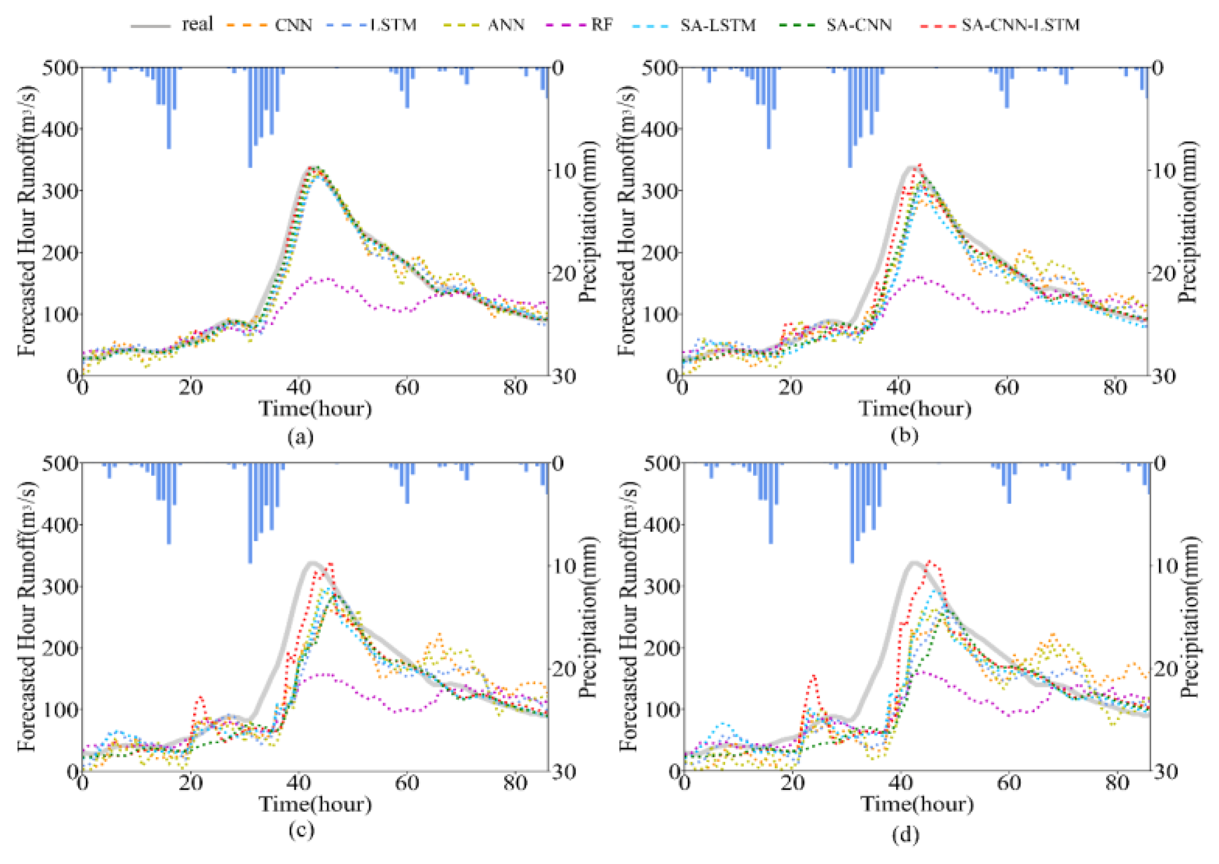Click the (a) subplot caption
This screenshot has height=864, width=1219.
click(300, 437)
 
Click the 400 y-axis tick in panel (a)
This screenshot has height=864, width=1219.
click(60, 129)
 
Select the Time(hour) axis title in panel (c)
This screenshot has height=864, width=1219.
click(315, 803)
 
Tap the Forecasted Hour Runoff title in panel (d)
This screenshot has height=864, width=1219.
click(628, 617)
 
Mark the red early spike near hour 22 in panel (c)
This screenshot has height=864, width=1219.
click(200, 697)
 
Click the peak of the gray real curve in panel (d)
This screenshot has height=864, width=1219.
click(914, 563)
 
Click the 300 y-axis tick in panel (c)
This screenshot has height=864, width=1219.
click(60, 587)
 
